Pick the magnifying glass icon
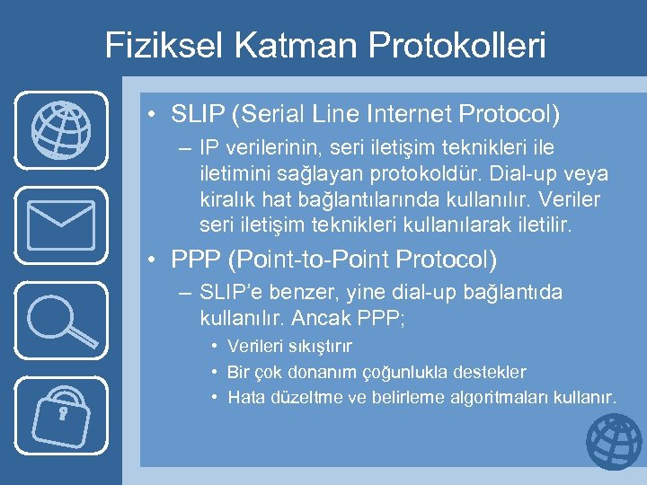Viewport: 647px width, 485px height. [61, 318]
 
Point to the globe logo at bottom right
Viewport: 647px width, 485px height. [614, 442]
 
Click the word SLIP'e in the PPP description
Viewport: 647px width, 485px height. [236, 293]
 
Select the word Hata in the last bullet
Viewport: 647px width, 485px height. [244, 397]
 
